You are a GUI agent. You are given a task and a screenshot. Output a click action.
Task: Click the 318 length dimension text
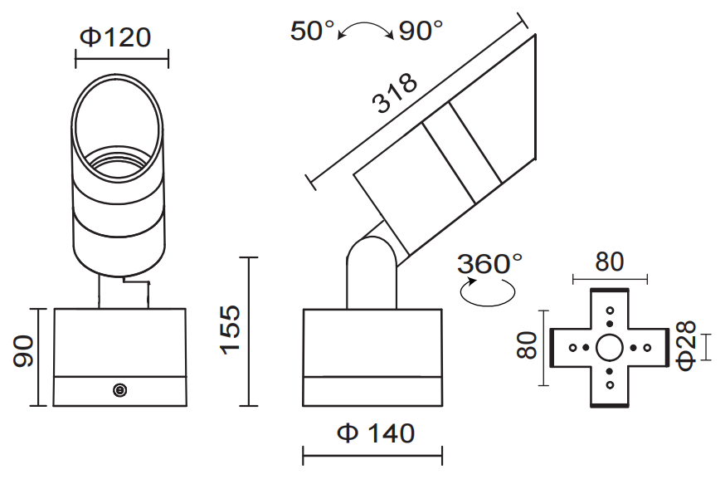click(x=394, y=93)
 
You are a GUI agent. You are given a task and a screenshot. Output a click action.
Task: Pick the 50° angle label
click(x=312, y=31)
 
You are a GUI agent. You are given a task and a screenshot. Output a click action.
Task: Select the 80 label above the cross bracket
click(x=609, y=262)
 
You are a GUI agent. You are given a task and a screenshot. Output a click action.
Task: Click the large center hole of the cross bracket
click(x=610, y=347)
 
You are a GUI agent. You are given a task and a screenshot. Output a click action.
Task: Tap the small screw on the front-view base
click(x=119, y=389)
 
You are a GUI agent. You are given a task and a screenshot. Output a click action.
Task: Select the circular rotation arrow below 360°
click(x=488, y=292)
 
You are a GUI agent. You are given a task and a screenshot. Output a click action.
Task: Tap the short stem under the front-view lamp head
click(x=124, y=292)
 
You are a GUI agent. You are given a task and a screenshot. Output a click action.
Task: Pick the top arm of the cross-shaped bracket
click(x=610, y=307)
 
